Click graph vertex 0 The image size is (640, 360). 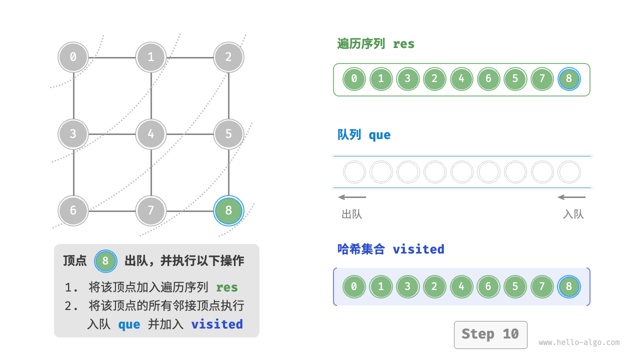(x=73, y=57)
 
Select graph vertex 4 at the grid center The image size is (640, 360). (x=151, y=134)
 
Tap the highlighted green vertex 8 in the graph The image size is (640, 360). (x=228, y=210)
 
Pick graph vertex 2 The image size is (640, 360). (x=228, y=57)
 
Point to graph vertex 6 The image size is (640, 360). (x=73, y=210)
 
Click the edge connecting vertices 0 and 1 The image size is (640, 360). (x=112, y=57)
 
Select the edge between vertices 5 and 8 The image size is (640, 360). (x=228, y=172)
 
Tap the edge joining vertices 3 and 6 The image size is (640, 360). (x=73, y=172)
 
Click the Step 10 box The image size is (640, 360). (x=490, y=334)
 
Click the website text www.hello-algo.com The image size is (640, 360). (x=578, y=342)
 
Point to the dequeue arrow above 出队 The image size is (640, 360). (x=352, y=197)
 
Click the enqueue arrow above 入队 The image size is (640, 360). (x=571, y=197)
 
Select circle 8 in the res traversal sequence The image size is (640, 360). (x=569, y=79)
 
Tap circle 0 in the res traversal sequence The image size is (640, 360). (x=354, y=79)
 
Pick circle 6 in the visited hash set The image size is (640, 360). (x=488, y=287)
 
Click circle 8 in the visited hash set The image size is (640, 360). (x=569, y=287)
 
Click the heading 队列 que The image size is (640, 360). (x=364, y=135)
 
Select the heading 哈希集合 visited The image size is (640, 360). (x=390, y=249)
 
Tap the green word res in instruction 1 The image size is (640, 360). (x=226, y=287)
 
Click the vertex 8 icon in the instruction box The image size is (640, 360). (x=105, y=260)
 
